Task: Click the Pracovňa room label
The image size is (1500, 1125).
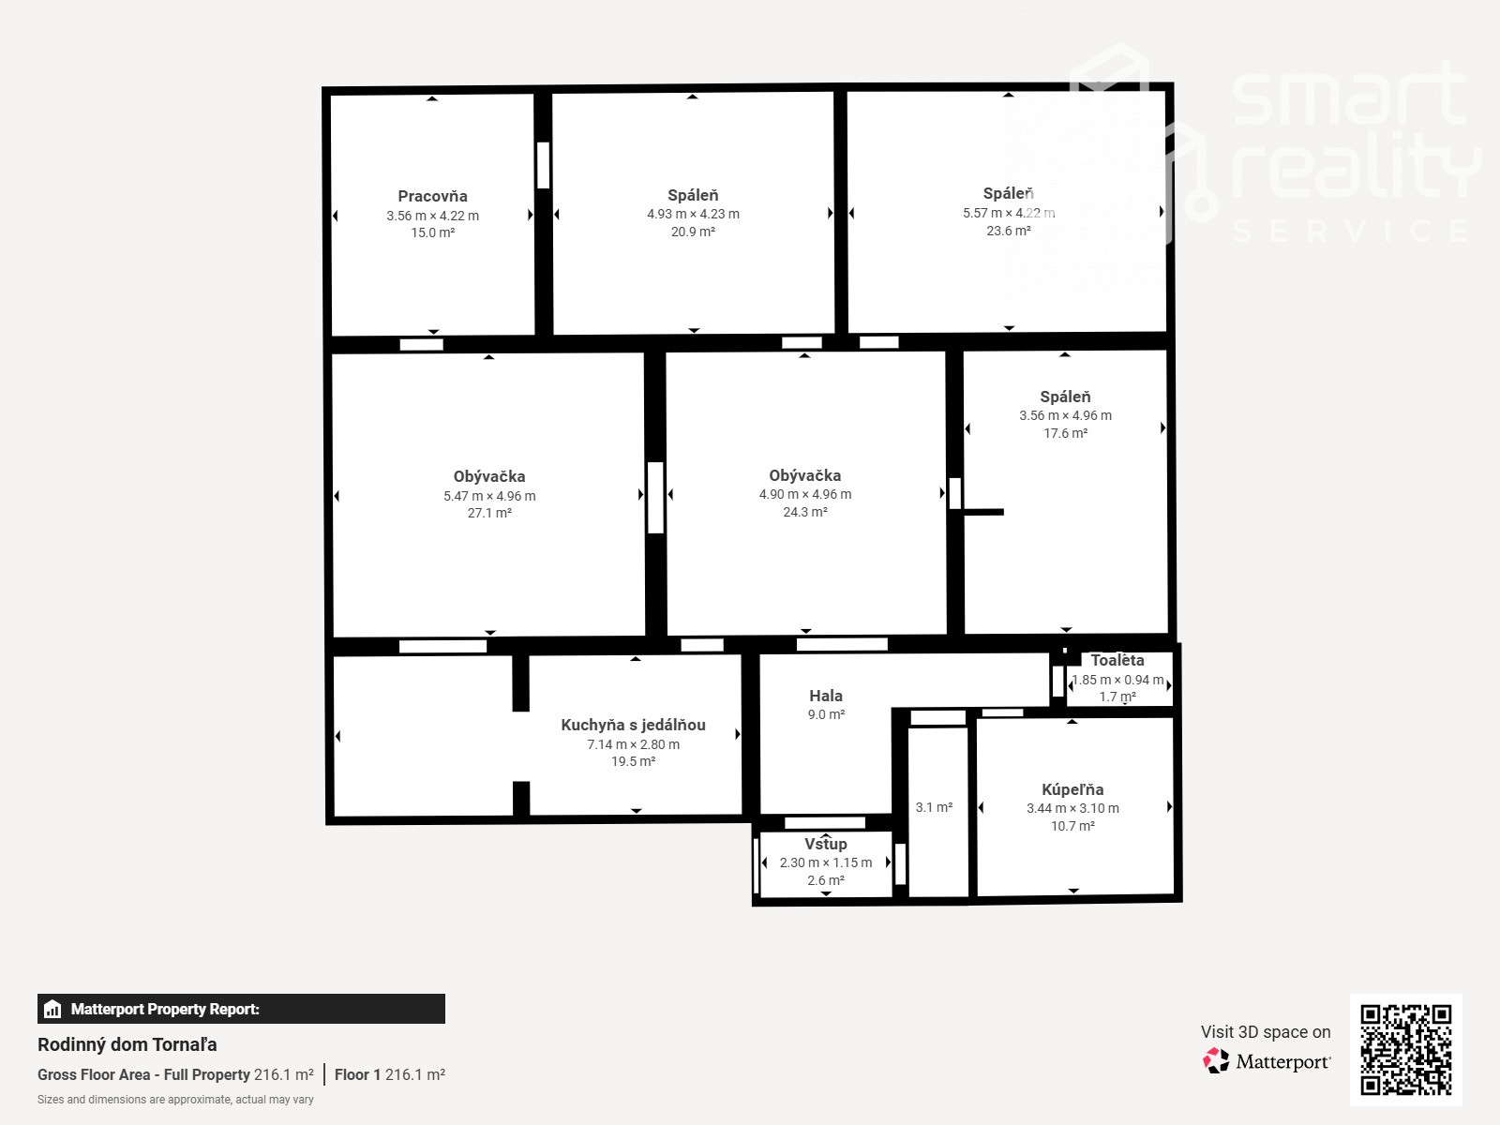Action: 432,197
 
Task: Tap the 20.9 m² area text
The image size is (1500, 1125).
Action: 693,232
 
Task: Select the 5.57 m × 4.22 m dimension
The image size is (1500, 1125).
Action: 1009,213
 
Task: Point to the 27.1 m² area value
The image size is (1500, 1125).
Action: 489,513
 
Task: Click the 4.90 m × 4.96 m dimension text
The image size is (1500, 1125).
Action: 805,494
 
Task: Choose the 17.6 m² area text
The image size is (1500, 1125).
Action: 1065,433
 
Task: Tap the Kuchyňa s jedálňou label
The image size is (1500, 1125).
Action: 633,726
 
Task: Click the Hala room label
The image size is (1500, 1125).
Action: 826,696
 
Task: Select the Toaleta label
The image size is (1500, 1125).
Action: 1117,661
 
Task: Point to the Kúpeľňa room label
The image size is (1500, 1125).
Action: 1072,789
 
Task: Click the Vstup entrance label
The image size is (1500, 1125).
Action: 826,845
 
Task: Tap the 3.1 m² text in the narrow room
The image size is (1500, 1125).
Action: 934,807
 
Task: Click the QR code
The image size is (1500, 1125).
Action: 1405,1050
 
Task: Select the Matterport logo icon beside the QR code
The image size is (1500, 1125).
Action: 1216,1061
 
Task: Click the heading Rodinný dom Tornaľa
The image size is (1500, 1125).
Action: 127,1045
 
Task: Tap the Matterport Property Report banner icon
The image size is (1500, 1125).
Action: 52,1009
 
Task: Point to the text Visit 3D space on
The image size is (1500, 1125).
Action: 1266,1032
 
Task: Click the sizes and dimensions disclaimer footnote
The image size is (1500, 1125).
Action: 175,1100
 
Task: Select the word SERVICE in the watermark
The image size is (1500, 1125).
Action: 1350,231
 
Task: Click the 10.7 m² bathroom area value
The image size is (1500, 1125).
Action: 1072,826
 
